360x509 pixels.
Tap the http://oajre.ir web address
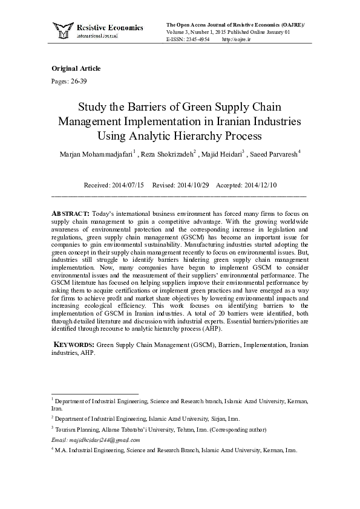tap(237, 39)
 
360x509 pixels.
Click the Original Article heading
tap(76, 68)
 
